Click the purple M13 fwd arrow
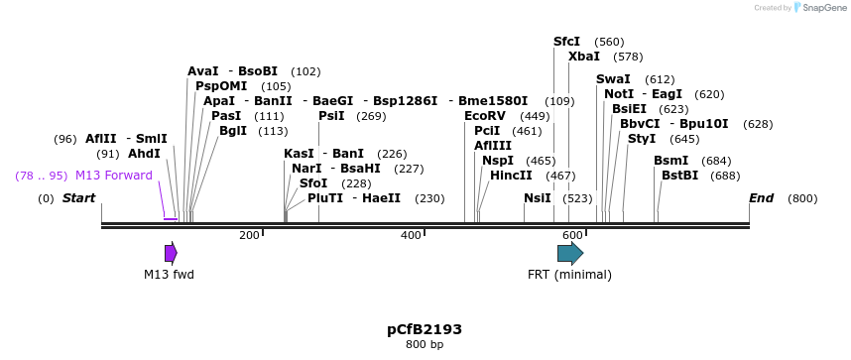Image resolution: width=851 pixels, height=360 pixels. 171,253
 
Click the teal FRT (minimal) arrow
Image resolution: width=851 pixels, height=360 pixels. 570,253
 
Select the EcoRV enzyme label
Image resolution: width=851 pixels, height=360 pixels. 485,116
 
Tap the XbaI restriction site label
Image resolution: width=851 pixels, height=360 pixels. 584,57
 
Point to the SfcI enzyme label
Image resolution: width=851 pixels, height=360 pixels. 566,42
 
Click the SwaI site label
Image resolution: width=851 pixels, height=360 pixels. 613,79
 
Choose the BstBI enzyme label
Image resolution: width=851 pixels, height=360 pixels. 679,176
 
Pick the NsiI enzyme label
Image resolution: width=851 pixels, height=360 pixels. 537,198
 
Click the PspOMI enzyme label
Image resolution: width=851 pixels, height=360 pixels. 221,86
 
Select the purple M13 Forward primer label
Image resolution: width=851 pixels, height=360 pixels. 114,176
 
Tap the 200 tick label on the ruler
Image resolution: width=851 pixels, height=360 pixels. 249,235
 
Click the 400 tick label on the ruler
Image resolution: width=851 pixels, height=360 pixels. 411,235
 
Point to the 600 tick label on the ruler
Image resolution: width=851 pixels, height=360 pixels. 572,235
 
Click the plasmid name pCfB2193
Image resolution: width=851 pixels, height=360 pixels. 425,329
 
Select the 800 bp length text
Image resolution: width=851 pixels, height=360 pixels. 425,345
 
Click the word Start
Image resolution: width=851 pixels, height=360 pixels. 78,198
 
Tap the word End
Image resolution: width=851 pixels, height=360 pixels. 761,198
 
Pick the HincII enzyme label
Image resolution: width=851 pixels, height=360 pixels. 511,176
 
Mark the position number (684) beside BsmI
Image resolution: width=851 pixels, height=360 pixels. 716,161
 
